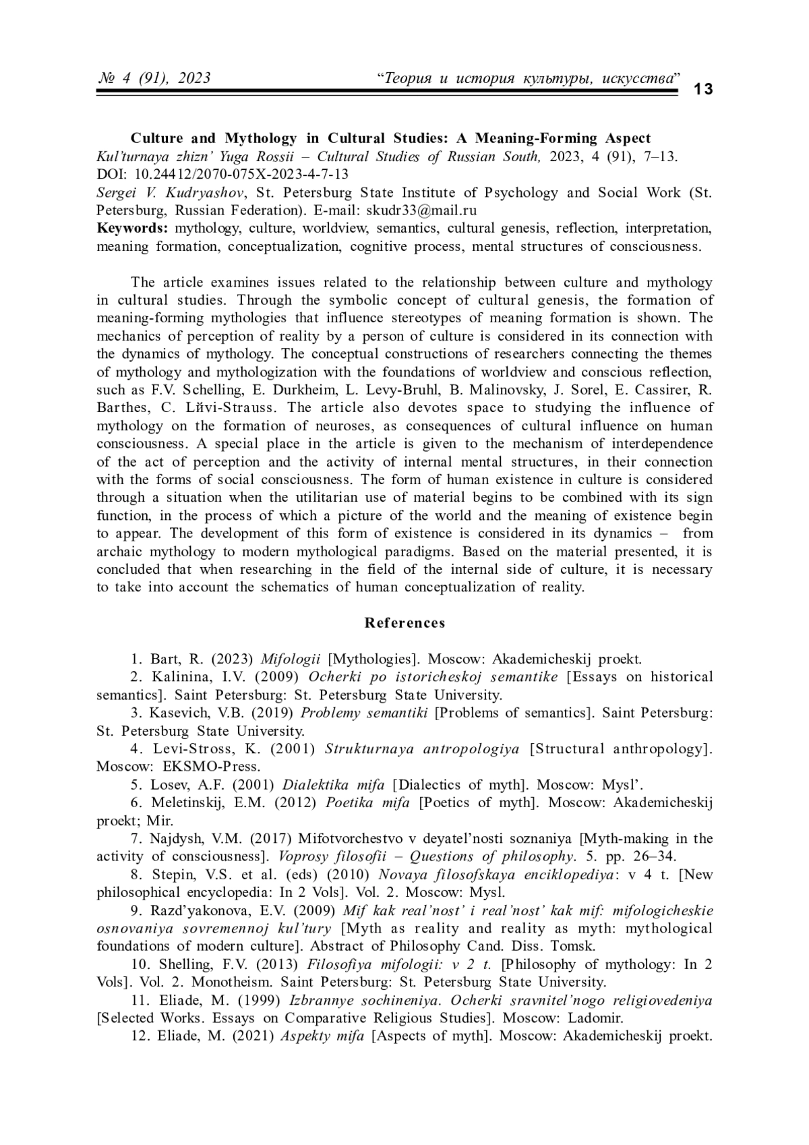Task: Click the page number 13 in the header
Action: (x=702, y=89)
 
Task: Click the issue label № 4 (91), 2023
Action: (x=154, y=78)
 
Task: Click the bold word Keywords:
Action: (x=131, y=228)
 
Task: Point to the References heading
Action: (x=404, y=623)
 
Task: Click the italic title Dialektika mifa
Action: (x=334, y=785)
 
